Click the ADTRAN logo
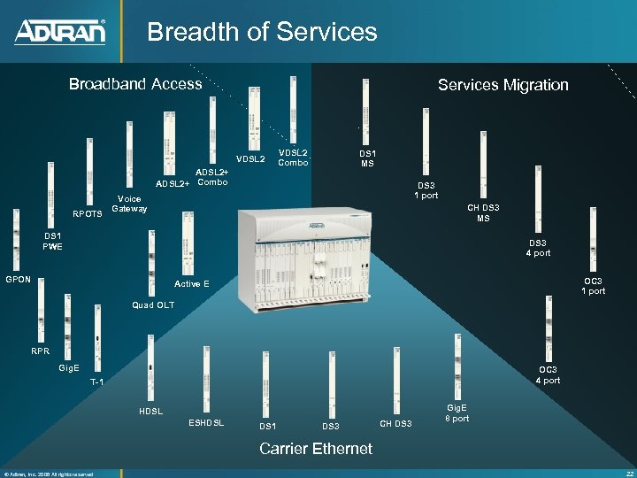(x=60, y=32)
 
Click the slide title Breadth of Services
(x=262, y=33)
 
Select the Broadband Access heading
(x=135, y=84)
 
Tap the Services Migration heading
(x=503, y=85)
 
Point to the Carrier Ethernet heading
(x=315, y=449)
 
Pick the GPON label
(x=19, y=279)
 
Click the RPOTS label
(x=87, y=213)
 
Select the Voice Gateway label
(x=129, y=204)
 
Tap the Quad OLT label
(x=152, y=305)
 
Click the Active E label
(x=192, y=284)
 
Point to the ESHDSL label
(x=207, y=422)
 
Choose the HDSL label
(x=150, y=412)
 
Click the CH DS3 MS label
(x=483, y=213)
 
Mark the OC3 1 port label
(x=593, y=286)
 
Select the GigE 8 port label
(x=457, y=413)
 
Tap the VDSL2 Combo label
(x=293, y=157)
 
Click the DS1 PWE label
(x=52, y=241)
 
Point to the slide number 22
(x=627, y=473)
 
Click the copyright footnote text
(x=49, y=474)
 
